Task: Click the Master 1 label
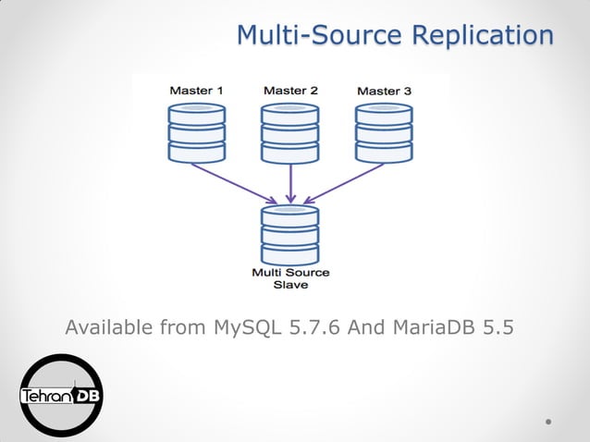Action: (196, 91)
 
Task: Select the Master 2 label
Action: (290, 91)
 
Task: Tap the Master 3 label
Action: (384, 91)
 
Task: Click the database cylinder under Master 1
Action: (197, 132)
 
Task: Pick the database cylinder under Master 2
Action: (290, 132)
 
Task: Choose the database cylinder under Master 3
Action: (384, 132)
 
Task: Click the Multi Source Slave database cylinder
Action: (290, 235)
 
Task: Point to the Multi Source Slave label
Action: (290, 278)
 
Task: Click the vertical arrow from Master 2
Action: (291, 183)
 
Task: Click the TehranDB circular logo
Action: (62, 395)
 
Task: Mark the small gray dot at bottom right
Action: (548, 421)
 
